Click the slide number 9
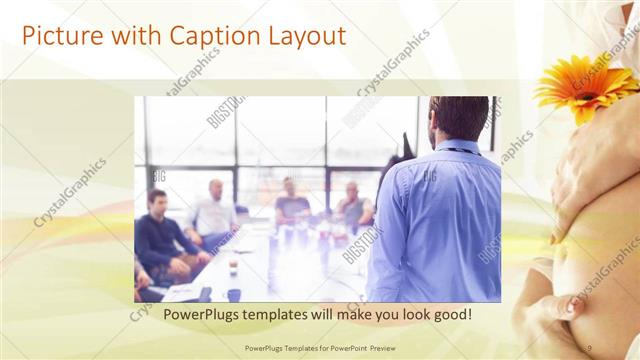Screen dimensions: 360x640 tap(589, 347)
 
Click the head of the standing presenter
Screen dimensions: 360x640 tap(461, 118)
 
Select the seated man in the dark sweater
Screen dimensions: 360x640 tap(161, 235)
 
